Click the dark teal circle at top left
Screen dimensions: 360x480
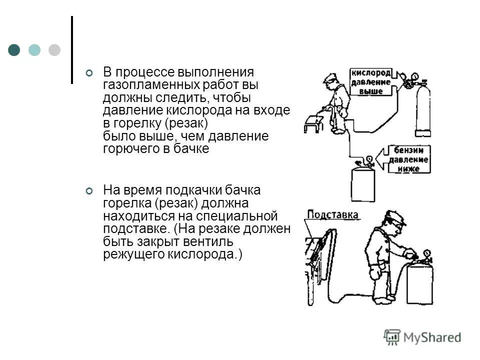coord(14,49)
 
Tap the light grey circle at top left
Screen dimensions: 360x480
coord(54,49)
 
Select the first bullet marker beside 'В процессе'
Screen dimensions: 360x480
coord(89,73)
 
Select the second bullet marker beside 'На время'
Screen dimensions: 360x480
coord(89,191)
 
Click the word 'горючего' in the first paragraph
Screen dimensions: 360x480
coord(127,148)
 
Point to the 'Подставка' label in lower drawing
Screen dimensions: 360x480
coord(332,215)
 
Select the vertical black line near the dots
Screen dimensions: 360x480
coord(72,49)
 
